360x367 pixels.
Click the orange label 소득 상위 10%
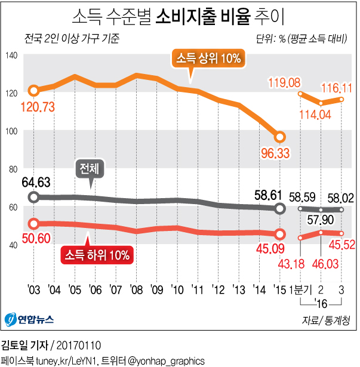click(208, 58)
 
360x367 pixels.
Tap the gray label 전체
click(90, 169)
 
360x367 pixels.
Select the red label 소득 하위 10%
click(97, 255)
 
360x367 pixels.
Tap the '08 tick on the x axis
click(137, 291)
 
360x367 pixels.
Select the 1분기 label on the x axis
click(298, 290)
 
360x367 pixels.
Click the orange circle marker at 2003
click(33, 91)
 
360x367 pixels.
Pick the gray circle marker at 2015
click(279, 208)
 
